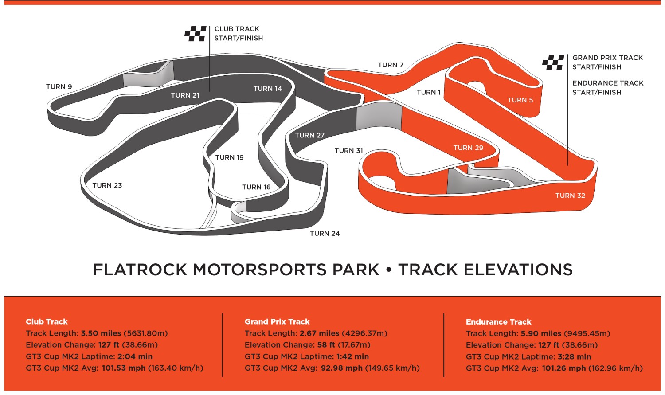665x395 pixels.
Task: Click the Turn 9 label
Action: tap(59, 87)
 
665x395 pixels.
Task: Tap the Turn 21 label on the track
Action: tap(185, 95)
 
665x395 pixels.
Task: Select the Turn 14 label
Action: tap(267, 89)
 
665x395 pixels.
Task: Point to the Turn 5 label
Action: tap(520, 100)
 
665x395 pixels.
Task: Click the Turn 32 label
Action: tap(570, 196)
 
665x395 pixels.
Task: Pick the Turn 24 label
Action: tap(325, 234)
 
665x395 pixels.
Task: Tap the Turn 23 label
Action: tap(107, 186)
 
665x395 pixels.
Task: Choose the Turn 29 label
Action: tap(468, 148)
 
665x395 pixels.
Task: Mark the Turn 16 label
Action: tap(256, 187)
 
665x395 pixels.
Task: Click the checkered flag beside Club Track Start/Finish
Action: tap(196, 34)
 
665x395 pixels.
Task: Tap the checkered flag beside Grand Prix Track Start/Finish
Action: tap(553, 63)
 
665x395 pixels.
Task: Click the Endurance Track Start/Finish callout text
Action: tap(607, 88)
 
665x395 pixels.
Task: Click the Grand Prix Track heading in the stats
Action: tap(277, 322)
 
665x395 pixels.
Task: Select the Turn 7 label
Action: tap(391, 65)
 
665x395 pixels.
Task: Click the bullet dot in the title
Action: tap(389, 270)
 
